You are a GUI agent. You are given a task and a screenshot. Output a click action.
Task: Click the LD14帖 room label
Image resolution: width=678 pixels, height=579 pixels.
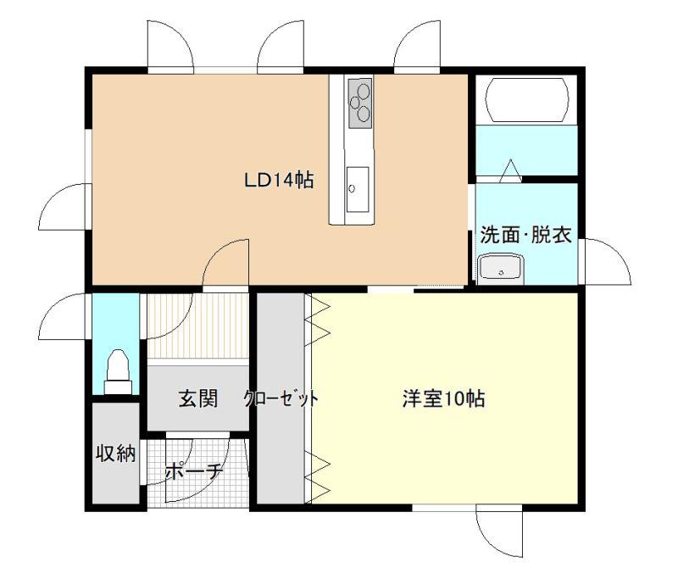(279, 180)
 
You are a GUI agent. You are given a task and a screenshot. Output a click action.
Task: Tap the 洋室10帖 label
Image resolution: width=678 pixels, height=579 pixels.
(443, 398)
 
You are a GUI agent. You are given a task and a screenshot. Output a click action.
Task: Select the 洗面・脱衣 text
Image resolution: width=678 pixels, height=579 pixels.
(525, 234)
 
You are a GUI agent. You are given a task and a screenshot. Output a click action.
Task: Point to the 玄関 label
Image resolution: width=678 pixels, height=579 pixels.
(198, 398)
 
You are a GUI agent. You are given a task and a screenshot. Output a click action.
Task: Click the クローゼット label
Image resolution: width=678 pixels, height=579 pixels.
(281, 398)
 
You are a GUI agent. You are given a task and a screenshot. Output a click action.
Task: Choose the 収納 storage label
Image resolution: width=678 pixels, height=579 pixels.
(115, 454)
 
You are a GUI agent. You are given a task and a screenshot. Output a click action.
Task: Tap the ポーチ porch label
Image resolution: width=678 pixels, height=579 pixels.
(194, 471)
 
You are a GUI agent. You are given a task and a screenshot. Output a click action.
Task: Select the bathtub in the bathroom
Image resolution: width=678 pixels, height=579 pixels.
(527, 100)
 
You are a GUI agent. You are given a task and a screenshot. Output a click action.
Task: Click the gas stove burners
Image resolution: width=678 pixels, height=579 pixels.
(360, 103)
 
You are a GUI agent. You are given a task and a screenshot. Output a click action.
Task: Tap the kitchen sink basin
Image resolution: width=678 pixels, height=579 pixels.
(358, 189)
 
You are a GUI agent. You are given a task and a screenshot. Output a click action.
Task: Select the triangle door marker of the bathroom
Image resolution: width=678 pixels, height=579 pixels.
(511, 170)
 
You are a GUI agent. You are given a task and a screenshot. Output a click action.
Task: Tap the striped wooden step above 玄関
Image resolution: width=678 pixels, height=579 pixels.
(198, 326)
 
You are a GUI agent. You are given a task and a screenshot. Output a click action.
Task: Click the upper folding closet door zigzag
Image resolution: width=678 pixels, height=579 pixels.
(317, 320)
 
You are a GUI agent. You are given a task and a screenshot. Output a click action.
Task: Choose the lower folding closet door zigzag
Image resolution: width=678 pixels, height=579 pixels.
(317, 477)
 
